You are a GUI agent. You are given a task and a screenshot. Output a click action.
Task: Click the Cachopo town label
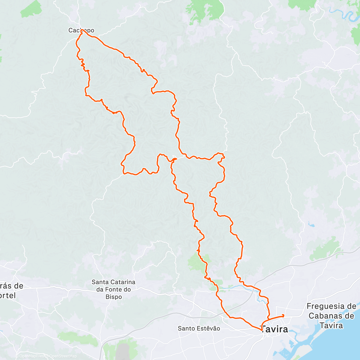81,30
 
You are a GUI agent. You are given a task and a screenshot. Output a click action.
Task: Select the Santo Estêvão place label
199,328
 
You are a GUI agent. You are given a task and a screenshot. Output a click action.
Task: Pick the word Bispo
114,297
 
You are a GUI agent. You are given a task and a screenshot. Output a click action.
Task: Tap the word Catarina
122,282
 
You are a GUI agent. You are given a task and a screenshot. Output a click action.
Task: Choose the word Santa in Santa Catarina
100,282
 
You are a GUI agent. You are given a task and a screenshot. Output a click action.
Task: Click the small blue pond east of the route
310,224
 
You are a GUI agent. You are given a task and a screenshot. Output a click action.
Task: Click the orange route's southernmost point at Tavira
262,331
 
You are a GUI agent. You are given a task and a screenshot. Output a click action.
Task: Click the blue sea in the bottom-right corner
339,345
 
